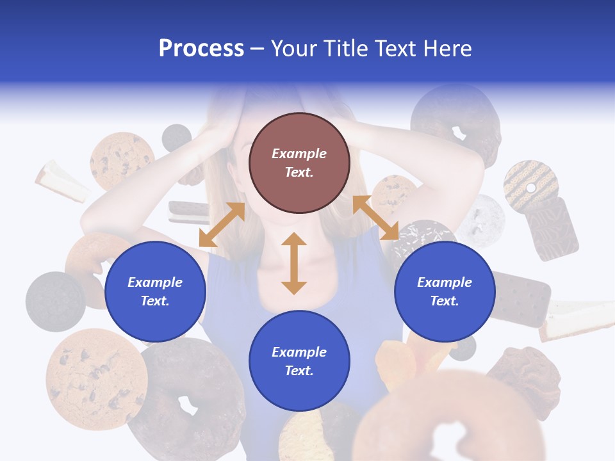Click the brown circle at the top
[299, 163]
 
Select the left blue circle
[155, 291]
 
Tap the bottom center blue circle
[299, 361]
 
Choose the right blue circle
[445, 291]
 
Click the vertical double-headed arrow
[294, 263]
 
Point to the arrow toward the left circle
[222, 225]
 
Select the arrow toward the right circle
[375, 218]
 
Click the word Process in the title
[201, 49]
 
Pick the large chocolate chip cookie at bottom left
[96, 378]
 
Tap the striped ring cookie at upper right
[530, 186]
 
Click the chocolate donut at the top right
[456, 122]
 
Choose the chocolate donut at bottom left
[186, 397]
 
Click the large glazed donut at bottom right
[448, 423]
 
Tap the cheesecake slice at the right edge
[577, 320]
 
